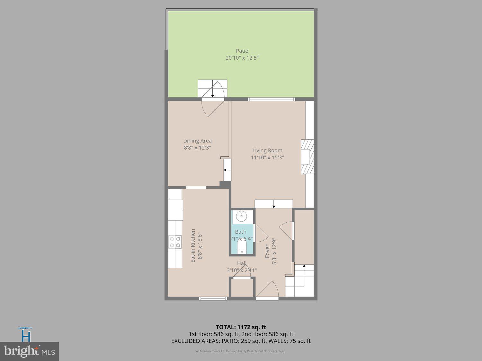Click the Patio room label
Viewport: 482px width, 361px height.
click(x=242, y=51)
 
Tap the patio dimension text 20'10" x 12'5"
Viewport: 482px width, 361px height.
click(x=242, y=58)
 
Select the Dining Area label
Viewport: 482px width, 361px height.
click(x=197, y=141)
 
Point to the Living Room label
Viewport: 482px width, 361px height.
click(x=267, y=150)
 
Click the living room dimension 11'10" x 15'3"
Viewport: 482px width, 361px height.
click(x=267, y=158)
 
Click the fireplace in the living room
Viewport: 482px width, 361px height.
click(x=307, y=157)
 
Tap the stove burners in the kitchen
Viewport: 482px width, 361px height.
click(x=175, y=242)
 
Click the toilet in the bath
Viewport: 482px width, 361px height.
click(x=241, y=247)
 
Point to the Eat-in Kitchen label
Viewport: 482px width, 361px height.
click(x=193, y=245)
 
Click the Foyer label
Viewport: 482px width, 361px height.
click(x=267, y=251)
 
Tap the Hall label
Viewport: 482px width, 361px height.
click(x=242, y=263)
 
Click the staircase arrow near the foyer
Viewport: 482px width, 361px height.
click(x=304, y=268)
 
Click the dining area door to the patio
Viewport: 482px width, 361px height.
click(x=212, y=108)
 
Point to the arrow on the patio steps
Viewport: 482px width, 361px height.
click(x=212, y=92)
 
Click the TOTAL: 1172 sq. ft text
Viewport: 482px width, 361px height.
click(x=241, y=327)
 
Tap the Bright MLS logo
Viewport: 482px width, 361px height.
click(x=29, y=351)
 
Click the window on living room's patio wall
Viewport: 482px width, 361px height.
click(x=272, y=99)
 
